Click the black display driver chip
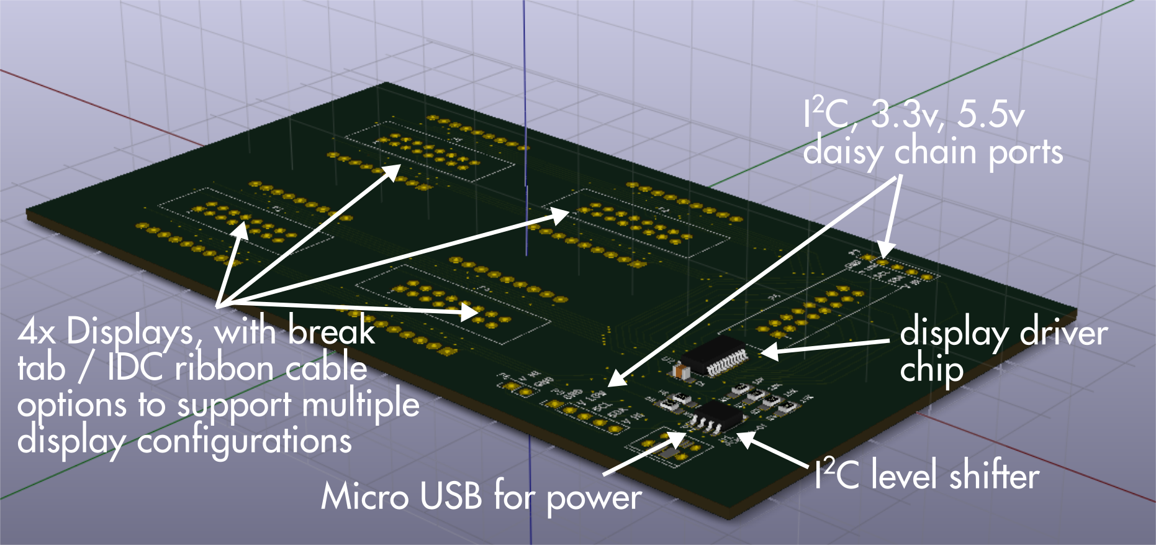714,355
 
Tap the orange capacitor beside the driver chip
681,372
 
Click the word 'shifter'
994,476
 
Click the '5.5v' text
990,115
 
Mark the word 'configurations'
244,442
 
